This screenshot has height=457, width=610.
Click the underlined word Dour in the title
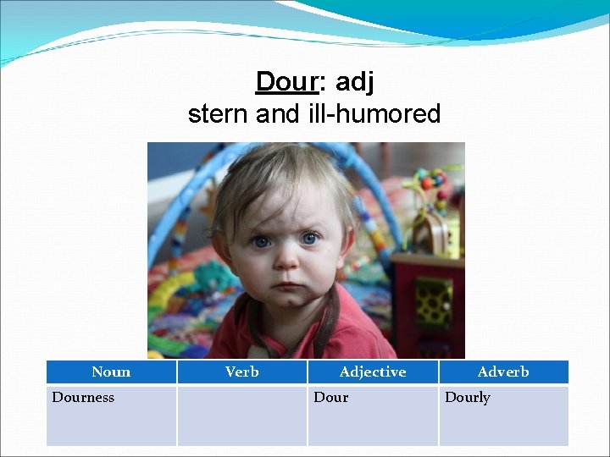[x=286, y=82]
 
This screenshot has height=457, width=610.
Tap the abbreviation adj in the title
[x=354, y=82]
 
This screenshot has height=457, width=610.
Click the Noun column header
[x=111, y=372]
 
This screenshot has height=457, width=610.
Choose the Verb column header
[x=241, y=372]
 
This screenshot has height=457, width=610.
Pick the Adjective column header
[x=372, y=372]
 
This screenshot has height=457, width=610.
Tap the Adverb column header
[x=503, y=372]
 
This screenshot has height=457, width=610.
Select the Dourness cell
[x=83, y=397]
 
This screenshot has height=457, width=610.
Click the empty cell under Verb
[x=241, y=415]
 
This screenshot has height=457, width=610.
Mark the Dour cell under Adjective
[x=331, y=397]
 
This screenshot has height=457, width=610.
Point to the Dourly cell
[x=468, y=397]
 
